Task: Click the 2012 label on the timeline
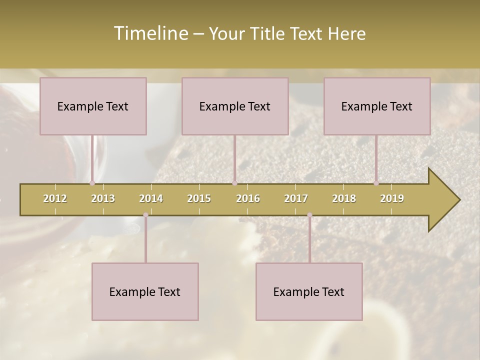tap(55, 198)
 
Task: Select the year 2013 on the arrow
tap(103, 198)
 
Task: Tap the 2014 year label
tap(151, 198)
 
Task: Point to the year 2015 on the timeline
tap(199, 198)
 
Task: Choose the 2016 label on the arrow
tap(248, 198)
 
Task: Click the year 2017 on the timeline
tap(296, 198)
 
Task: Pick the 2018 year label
tap(344, 198)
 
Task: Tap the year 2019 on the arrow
tap(392, 198)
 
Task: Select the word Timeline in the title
tap(150, 33)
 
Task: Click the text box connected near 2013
tap(93, 106)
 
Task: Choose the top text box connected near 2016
tap(235, 106)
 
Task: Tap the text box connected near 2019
tap(377, 106)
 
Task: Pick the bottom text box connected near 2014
tap(145, 291)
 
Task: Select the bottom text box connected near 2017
tap(309, 291)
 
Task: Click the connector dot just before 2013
tap(92, 183)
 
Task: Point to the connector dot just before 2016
tap(234, 183)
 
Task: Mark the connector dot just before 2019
tap(376, 183)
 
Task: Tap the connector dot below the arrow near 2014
tap(145, 215)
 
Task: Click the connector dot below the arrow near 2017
tap(309, 215)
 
